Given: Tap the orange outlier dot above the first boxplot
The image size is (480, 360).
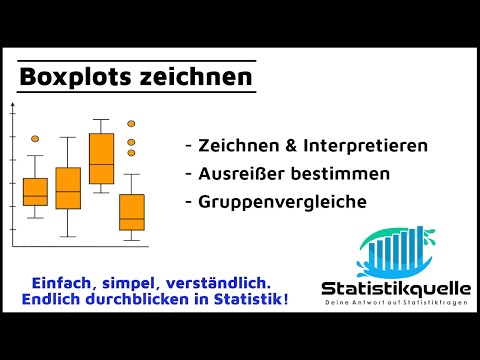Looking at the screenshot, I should tap(35, 138).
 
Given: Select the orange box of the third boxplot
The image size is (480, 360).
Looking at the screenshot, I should tap(101, 158).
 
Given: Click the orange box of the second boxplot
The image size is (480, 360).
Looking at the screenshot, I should tap(68, 188).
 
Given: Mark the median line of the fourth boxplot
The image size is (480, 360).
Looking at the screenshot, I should tap(131, 218).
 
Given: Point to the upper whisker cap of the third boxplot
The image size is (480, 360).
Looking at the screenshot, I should tap(101, 120).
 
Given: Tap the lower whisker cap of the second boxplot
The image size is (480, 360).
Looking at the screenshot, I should tap(68, 236).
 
